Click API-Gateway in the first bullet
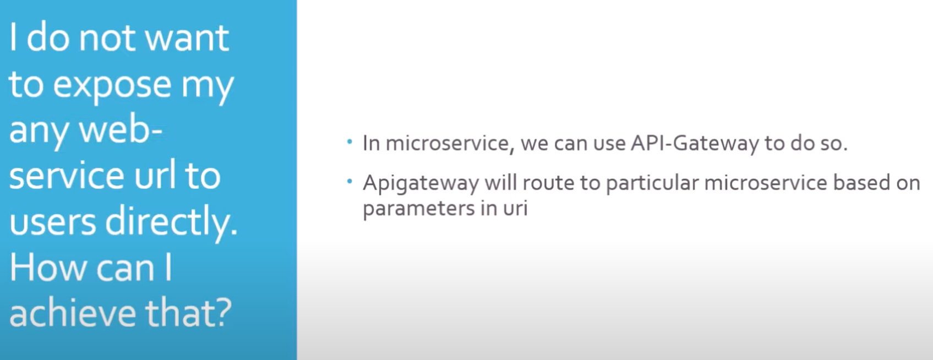click(x=694, y=144)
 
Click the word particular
click(x=652, y=183)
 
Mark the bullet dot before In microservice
click(x=350, y=143)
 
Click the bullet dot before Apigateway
click(x=350, y=182)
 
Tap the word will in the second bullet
click(x=500, y=183)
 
